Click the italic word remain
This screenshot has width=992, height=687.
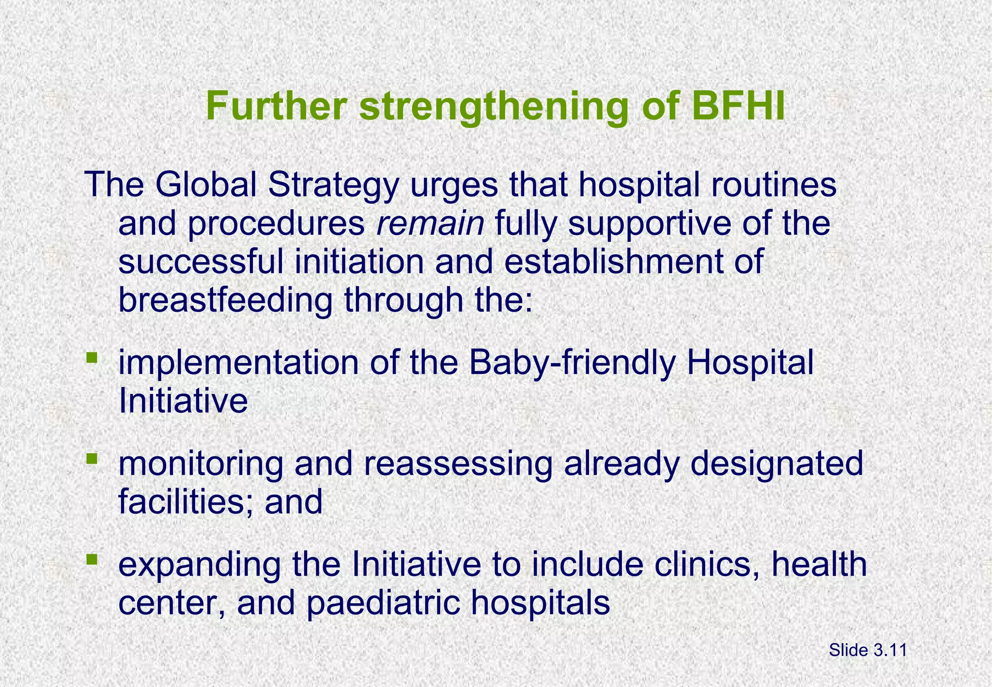pyautogui.click(x=430, y=224)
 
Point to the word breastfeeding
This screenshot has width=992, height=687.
pyautogui.click(x=225, y=300)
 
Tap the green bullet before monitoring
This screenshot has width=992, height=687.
pyautogui.click(x=92, y=458)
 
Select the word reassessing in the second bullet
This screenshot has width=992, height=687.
pyautogui.click(x=458, y=464)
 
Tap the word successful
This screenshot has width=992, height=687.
pyautogui.click(x=201, y=262)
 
